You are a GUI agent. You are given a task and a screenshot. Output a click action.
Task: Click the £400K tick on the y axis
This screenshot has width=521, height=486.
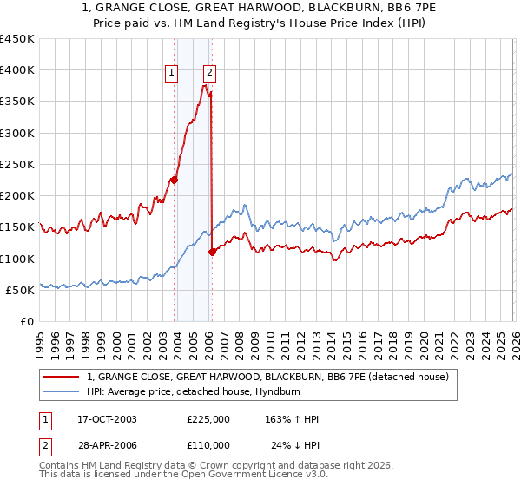pyautogui.click(x=17, y=70)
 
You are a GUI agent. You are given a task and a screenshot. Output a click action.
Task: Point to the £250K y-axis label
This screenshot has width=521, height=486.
pyautogui.click(x=17, y=164)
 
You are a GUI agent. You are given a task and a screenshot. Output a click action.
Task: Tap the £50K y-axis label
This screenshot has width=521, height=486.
pyautogui.click(x=21, y=290)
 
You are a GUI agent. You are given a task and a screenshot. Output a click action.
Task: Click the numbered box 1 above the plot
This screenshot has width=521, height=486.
pyautogui.click(x=173, y=74)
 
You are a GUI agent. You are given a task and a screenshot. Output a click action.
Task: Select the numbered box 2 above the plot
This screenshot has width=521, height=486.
pyautogui.click(x=210, y=74)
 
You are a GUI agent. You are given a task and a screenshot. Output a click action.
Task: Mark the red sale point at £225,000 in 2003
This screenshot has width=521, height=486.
pyautogui.click(x=174, y=181)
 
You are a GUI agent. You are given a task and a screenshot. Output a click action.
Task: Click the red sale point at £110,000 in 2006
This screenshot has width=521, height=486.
pyautogui.click(x=212, y=253)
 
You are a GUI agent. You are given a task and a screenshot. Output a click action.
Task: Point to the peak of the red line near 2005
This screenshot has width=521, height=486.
pyautogui.click(x=205, y=85)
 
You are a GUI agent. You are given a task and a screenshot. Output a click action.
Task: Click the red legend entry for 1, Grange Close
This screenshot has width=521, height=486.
pyautogui.click(x=267, y=377)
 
